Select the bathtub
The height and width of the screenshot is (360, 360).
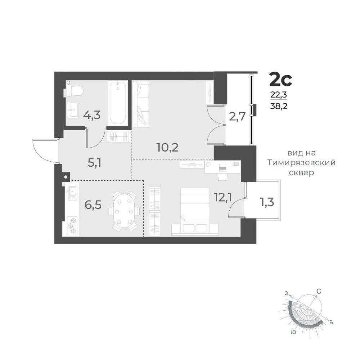pos(118,103)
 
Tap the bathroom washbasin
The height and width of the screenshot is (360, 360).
pos(73,109)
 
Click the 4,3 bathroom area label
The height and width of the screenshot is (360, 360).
pos(92,115)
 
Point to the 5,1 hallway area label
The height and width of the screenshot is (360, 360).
pos(94,163)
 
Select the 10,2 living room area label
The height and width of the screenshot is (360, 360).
pos(167,147)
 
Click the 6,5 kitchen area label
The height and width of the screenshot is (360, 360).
pos(93,205)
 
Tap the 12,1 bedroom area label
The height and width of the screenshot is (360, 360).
pos(222,197)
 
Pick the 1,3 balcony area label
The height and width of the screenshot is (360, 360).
pos(267,202)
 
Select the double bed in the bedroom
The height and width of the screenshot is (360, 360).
pos(195,212)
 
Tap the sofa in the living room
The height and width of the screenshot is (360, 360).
pos(141,104)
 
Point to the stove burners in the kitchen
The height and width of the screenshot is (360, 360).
pos(73,226)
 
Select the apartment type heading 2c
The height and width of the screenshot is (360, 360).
pos(280,80)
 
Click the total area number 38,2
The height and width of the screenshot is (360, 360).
pos(279,106)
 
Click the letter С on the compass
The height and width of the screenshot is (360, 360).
pos(319,291)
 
